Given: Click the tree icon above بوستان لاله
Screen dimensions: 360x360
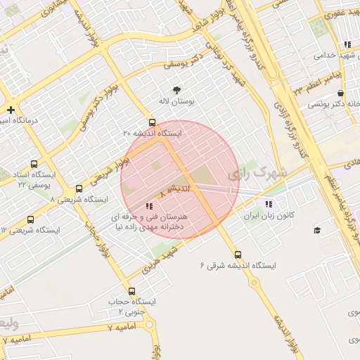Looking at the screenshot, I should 176,89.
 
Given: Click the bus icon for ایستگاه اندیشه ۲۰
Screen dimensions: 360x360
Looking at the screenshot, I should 153,122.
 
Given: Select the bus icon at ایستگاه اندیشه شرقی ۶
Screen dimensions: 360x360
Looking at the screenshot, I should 238,255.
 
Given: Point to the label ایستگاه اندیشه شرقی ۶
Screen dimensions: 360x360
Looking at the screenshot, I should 238,266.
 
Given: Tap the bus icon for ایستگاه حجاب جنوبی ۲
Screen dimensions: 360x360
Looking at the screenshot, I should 131,291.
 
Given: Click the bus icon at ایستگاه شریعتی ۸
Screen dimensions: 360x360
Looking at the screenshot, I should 79,189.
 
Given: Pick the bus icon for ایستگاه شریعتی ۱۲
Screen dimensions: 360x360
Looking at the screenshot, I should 30,219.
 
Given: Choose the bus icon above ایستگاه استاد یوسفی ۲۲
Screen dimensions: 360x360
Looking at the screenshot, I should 34,163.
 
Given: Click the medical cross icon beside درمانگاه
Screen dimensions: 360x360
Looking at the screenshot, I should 11,110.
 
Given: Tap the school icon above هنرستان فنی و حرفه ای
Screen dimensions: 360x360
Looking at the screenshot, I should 148,207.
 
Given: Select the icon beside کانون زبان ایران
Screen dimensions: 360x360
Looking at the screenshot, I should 267,204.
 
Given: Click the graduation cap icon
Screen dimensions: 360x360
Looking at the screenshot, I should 316,230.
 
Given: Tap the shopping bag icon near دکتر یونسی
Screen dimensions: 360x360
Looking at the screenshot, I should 340,94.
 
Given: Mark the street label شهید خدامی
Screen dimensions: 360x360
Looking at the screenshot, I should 333,55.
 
